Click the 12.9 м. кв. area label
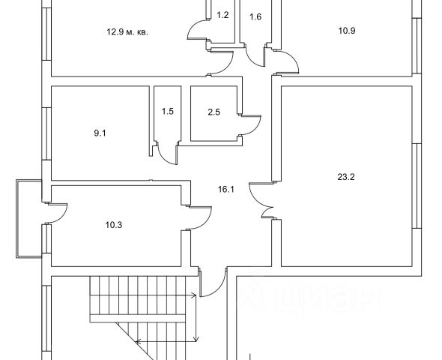[x=127, y=32]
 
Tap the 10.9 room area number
[x=347, y=31]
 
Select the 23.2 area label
[x=346, y=177]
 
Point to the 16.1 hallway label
[x=226, y=189]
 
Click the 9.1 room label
[x=100, y=133]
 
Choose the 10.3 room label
[x=114, y=225]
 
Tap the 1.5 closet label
[x=168, y=112]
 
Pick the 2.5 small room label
[x=214, y=112]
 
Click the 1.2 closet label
[x=222, y=15]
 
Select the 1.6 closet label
[x=255, y=17]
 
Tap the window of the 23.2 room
[x=417, y=186]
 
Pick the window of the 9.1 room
[x=46, y=133]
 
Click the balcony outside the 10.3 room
[x=29, y=219]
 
